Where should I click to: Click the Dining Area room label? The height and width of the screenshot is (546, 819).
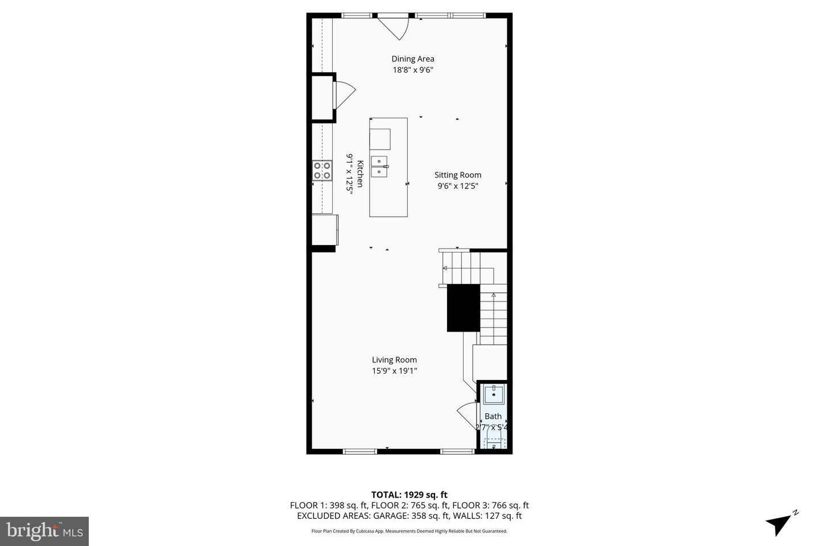tap(412, 59)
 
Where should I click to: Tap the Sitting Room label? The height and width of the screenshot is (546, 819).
tap(458, 175)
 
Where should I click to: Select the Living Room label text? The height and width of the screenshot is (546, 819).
tap(394, 359)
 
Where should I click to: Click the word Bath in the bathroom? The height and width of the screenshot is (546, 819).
tap(493, 416)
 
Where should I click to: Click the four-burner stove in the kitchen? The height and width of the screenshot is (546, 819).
tap(322, 171)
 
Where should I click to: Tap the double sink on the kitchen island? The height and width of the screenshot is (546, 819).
tap(379, 166)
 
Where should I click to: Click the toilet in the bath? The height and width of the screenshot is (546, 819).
tap(493, 441)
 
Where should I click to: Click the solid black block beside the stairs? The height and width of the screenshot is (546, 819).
tap(464, 308)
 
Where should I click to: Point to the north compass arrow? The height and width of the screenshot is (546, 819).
tap(779, 523)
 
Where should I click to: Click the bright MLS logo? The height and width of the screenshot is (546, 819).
tap(44, 531)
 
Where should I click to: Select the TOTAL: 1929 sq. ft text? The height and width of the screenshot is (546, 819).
tap(409, 495)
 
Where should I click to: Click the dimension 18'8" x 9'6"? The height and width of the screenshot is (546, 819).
tap(412, 70)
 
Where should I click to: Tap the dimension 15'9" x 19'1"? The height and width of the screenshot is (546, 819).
tap(394, 371)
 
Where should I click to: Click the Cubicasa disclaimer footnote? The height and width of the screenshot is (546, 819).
tap(409, 531)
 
